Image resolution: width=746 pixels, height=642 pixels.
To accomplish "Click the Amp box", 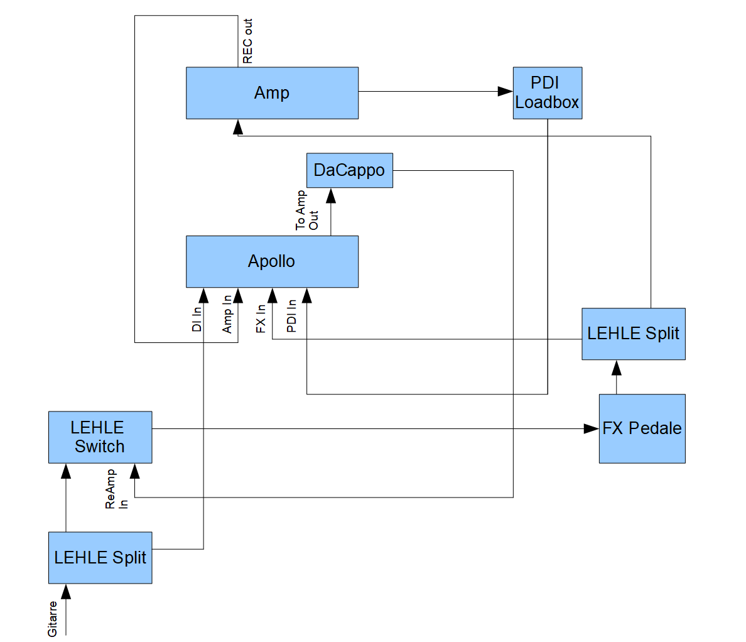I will coord(272,93).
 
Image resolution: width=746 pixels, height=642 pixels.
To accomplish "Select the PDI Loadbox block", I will coord(547,93).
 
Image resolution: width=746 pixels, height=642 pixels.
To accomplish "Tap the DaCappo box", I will coord(349,170).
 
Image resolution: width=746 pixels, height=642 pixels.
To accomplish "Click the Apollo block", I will coord(272,261).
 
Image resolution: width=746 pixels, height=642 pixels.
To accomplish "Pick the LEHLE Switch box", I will coord(100,437).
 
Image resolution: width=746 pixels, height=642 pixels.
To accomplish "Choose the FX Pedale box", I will coord(642,428).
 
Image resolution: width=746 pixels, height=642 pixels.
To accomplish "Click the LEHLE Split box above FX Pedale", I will coord(633,334).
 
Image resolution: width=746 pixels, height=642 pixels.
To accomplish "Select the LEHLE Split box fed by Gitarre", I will coord(100,557).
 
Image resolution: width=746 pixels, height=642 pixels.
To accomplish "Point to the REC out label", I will coord(247,41).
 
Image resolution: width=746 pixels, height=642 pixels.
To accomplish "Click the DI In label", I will coord(197,318).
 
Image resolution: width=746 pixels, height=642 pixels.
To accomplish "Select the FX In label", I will coord(261,318).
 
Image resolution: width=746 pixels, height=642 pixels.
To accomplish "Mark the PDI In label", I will coord(291,315).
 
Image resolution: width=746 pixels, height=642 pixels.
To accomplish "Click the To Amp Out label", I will coord(307,210).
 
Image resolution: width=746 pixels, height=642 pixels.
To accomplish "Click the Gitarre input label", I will coord(53,618).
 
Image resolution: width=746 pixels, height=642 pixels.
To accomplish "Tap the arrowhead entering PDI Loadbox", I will coord(505,92).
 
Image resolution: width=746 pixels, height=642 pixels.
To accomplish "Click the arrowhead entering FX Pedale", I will coord(591,428).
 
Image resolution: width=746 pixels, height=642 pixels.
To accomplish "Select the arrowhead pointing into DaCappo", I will coord(331,195).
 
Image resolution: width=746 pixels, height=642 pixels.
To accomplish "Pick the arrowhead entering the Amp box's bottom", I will coord(238,127).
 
